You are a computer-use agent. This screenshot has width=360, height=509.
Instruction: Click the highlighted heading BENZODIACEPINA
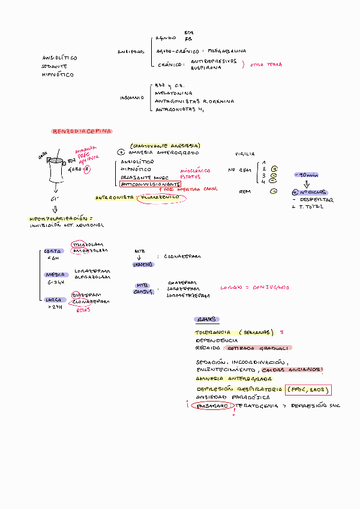pos(82,131)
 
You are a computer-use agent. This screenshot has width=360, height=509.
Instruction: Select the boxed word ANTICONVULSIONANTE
pos(150,184)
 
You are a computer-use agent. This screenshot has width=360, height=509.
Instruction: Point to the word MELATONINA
pos(173,94)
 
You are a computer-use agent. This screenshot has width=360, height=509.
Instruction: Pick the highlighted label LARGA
pos(51,299)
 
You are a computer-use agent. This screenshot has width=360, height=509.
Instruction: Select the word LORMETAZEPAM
pos(188,295)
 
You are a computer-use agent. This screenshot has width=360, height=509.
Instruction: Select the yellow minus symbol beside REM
pos(274,191)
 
